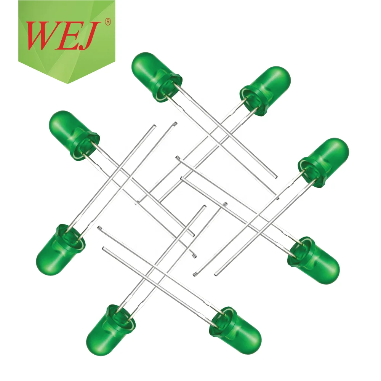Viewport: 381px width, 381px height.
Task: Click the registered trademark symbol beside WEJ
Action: pos(107,23)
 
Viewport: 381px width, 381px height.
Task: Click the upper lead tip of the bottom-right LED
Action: pos(99,228)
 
